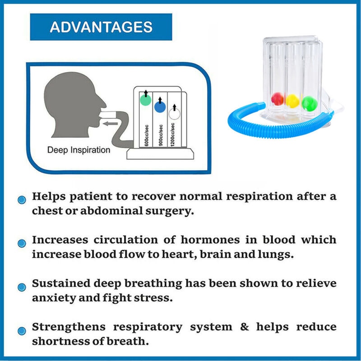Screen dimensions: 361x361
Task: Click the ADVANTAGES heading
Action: click(101, 27)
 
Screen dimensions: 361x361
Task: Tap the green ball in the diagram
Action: click(145, 99)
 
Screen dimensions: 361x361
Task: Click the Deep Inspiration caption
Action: click(79, 150)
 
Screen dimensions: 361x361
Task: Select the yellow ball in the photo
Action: click(292, 100)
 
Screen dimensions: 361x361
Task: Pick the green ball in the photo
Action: click(309, 102)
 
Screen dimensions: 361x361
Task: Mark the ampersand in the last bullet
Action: click(245, 327)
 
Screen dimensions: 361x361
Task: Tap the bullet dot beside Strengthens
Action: click(21, 331)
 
